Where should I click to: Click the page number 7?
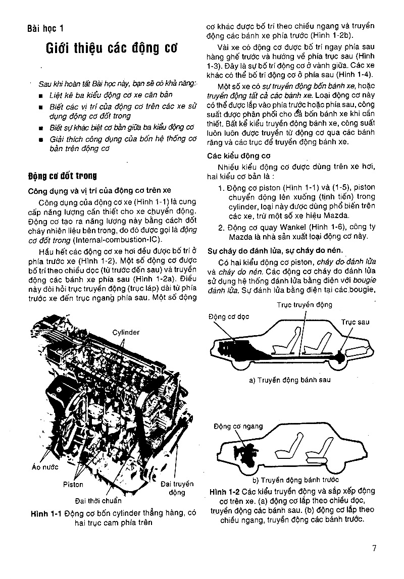point(374,549)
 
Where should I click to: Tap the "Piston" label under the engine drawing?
point(73,485)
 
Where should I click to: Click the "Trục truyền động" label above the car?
point(305,304)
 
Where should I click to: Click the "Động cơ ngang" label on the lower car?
point(238,426)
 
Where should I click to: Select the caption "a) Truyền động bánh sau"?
point(289,380)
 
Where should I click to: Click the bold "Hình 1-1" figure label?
point(45,513)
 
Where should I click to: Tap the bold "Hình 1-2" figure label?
point(224,491)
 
